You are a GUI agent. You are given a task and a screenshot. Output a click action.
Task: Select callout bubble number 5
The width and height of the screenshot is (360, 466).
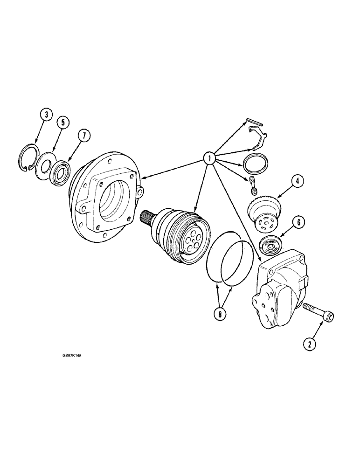pos(63,123)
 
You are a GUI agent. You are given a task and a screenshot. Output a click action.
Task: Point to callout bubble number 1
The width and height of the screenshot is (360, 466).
pos(209,159)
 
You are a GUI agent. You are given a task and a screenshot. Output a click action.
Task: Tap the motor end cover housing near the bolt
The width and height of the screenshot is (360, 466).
pos(277,289)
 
